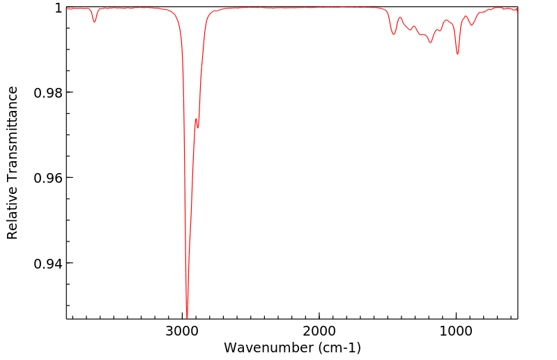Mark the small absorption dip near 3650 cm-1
click(x=95, y=22)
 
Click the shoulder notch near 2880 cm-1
click(x=198, y=128)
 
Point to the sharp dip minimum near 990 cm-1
click(x=457, y=54)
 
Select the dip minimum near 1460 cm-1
click(x=394, y=34)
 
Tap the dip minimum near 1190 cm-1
click(x=430, y=43)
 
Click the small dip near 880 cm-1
click(x=472, y=25)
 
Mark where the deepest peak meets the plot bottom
click(x=187, y=317)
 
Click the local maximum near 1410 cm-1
click(x=400, y=17)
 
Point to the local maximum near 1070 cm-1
click(x=446, y=21)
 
